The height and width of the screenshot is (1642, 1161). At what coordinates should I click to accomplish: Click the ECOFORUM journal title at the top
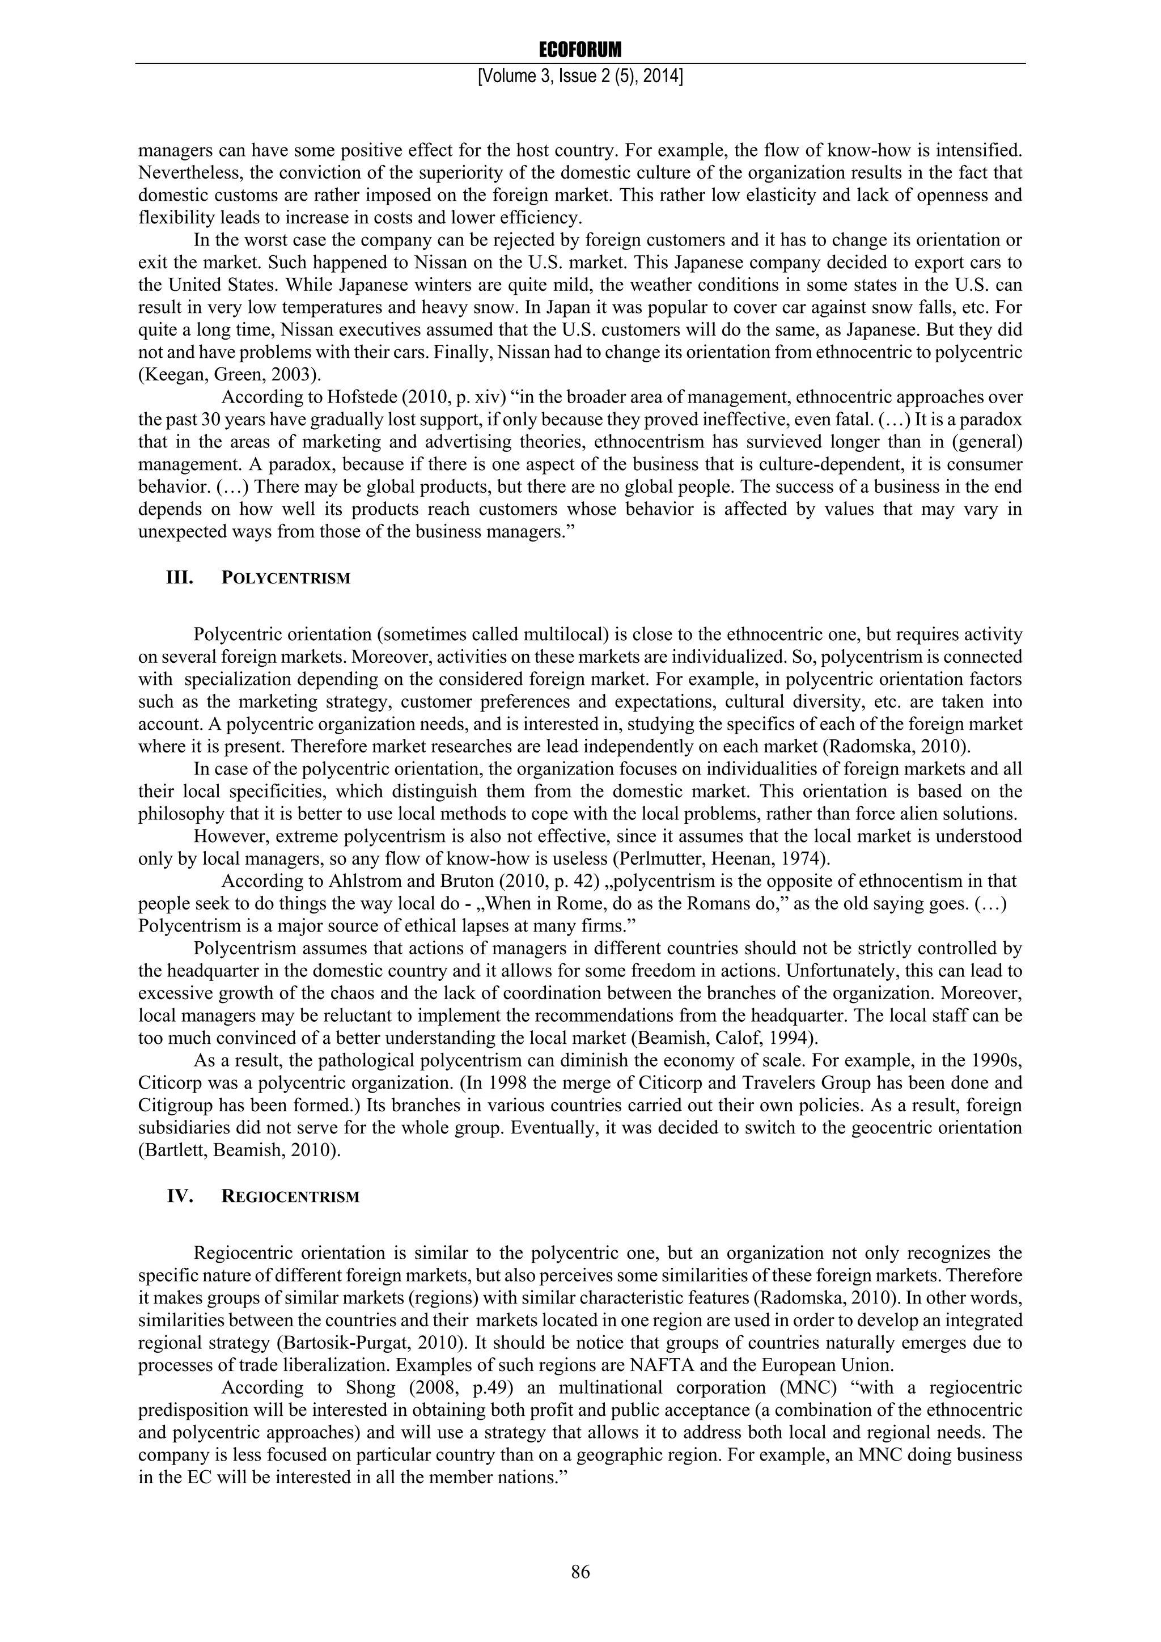coord(580,49)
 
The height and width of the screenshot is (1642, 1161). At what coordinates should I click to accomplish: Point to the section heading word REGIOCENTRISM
coord(290,1197)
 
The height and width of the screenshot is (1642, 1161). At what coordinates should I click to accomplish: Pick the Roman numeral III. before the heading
coord(180,578)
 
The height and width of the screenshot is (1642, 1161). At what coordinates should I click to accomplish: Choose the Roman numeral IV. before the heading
coord(181,1196)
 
